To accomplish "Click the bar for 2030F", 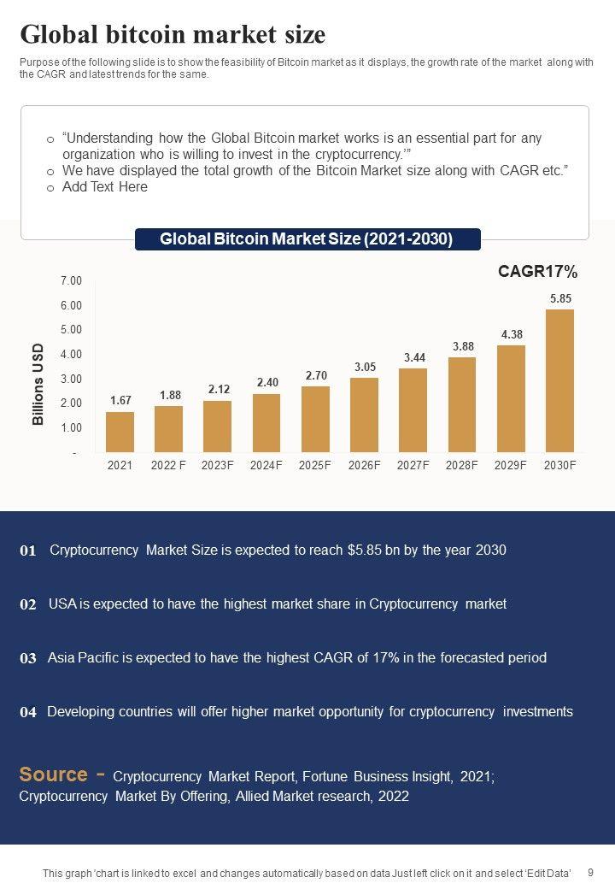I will click(559, 380).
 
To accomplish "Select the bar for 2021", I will click(120, 432).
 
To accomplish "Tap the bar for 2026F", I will click(364, 415).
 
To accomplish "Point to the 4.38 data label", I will click(512, 334).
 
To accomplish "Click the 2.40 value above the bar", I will click(267, 382).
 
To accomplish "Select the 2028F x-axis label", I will click(462, 465).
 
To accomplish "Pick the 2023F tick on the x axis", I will click(218, 465).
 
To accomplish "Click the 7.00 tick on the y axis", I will click(71, 281).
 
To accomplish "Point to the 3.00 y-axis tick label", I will click(71, 379).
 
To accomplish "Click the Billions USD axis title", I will click(38, 384).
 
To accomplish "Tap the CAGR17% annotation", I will click(537, 272).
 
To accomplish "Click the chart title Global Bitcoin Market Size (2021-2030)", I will click(307, 239).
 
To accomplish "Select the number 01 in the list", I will click(28, 551).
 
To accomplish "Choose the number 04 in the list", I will click(28, 712).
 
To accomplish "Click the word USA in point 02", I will click(62, 603).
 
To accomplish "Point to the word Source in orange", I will click(53, 774).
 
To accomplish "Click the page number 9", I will click(591, 872).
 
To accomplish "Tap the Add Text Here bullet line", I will click(104, 186).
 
